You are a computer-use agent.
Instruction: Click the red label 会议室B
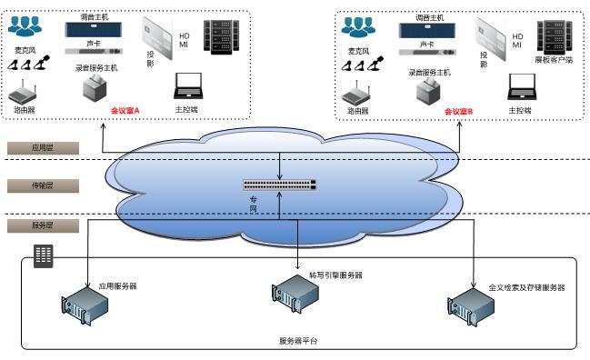click(x=458, y=111)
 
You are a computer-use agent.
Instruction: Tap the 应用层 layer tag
click(x=44, y=146)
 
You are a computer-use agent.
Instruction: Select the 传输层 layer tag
click(x=44, y=185)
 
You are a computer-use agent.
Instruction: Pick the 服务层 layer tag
click(x=44, y=224)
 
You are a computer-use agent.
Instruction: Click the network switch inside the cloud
click(x=280, y=184)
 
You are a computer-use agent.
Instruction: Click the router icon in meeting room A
click(x=25, y=93)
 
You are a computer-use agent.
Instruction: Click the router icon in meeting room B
click(x=358, y=93)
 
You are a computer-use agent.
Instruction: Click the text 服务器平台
click(x=298, y=341)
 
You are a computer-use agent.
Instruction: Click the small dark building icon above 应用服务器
click(x=43, y=255)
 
